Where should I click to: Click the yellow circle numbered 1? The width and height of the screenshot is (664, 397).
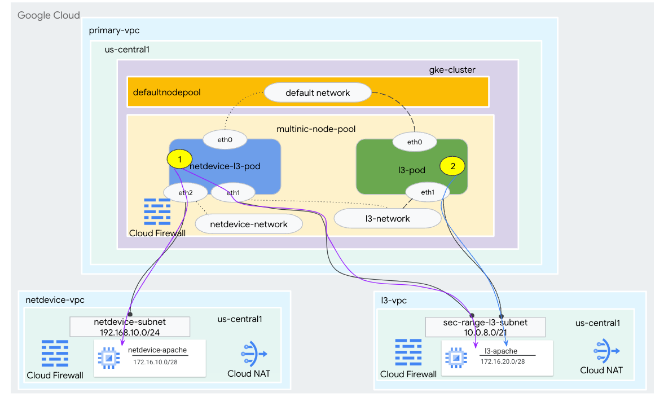[179, 160]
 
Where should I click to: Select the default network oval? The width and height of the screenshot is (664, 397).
[318, 92]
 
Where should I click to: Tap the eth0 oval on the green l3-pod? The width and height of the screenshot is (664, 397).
[415, 142]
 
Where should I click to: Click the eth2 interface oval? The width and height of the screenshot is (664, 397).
[186, 192]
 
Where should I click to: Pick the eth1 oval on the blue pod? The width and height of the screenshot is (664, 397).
[232, 193]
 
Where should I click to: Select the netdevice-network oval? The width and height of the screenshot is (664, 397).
[249, 224]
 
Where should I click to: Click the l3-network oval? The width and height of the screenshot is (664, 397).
[387, 218]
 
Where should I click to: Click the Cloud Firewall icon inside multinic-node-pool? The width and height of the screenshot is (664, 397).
[157, 212]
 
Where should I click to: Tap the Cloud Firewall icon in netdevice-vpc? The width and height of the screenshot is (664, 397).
[55, 354]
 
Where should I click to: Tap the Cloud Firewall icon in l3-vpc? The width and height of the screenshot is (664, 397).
[408, 353]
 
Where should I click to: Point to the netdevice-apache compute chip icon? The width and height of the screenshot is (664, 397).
[108, 358]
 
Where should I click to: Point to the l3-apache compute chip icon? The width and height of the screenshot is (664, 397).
[456, 358]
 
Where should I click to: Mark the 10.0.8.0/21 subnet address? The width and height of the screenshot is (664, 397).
[485, 332]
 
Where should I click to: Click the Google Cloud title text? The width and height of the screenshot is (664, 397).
[49, 15]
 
